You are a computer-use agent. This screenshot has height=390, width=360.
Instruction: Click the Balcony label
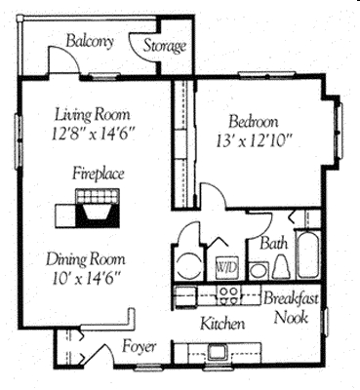pyautogui.click(x=91, y=41)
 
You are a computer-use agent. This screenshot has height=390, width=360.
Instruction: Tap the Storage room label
pyautogui.click(x=166, y=46)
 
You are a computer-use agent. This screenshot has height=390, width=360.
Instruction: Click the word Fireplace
pyautogui.click(x=96, y=173)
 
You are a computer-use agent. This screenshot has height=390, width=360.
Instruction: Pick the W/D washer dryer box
pyautogui.click(x=224, y=265)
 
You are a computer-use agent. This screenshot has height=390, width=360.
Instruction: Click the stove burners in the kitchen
pyautogui.click(x=230, y=292)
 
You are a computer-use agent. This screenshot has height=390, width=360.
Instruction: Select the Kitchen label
pyautogui.click(x=221, y=323)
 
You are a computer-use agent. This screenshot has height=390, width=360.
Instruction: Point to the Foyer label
pyautogui.click(x=140, y=346)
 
